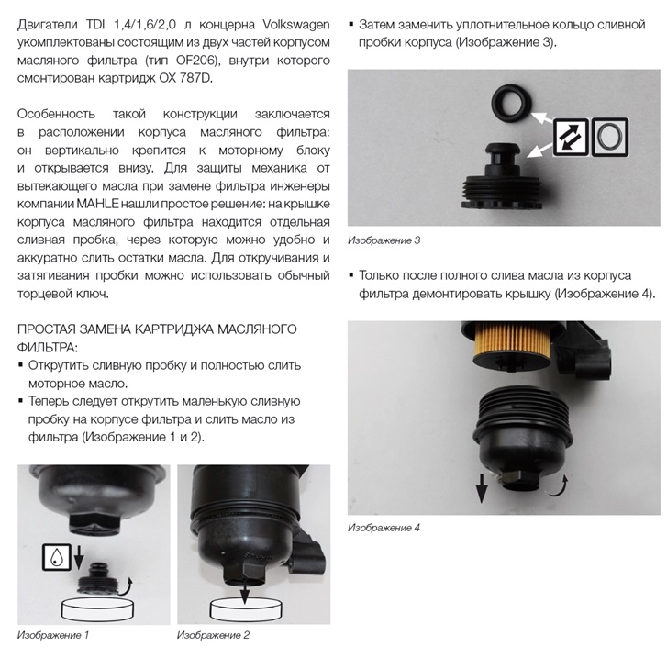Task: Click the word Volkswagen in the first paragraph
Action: [x=296, y=25]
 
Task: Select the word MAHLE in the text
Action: [x=97, y=204]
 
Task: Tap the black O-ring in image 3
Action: [x=510, y=103]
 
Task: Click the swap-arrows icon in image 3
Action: [x=572, y=137]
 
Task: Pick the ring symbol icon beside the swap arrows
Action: [x=609, y=136]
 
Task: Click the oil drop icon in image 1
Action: [x=57, y=557]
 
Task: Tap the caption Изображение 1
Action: [x=53, y=635]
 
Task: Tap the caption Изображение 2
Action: [x=213, y=635]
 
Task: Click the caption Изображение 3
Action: [x=384, y=240]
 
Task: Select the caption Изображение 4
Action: [x=384, y=528]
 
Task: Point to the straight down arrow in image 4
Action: [x=481, y=488]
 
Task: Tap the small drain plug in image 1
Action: [x=96, y=579]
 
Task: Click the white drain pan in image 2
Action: [x=246, y=608]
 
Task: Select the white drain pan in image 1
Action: [x=98, y=608]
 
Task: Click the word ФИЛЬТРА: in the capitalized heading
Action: [x=48, y=347]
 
